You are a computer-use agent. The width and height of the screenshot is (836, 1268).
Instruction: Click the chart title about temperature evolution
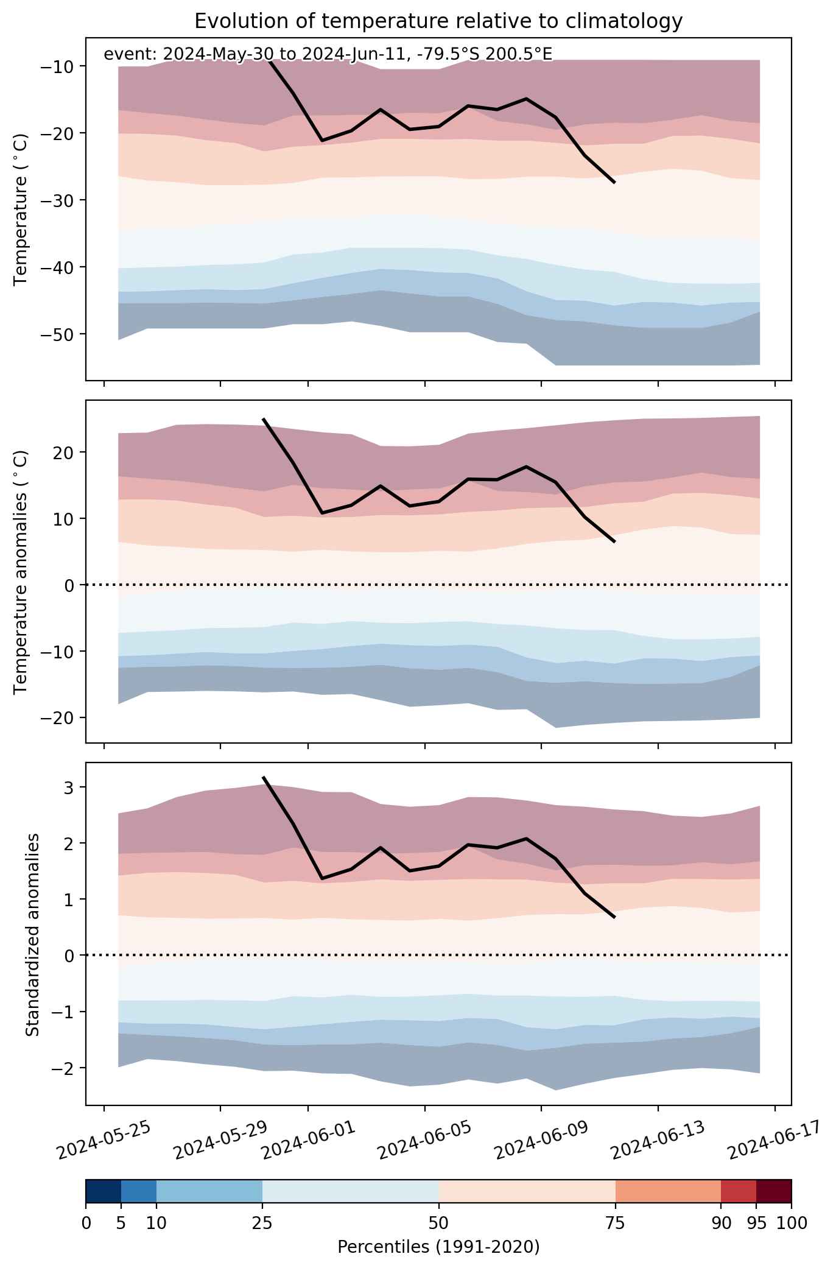438,21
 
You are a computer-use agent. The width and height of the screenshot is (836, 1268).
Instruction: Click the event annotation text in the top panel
328,54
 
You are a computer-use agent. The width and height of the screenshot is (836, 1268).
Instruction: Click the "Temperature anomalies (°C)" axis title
22,572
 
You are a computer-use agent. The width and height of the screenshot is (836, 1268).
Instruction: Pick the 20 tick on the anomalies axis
61,453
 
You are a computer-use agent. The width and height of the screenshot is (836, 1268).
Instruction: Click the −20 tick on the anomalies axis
55,718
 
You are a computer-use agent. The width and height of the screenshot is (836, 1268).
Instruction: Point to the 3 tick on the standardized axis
66,787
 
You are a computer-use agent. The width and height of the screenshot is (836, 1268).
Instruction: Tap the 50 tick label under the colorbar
438,1223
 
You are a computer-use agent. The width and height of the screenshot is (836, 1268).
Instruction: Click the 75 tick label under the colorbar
615,1223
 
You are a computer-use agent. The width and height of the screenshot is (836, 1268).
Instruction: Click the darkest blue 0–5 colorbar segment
104,1191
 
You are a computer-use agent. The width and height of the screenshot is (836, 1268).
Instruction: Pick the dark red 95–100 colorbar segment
774,1191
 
